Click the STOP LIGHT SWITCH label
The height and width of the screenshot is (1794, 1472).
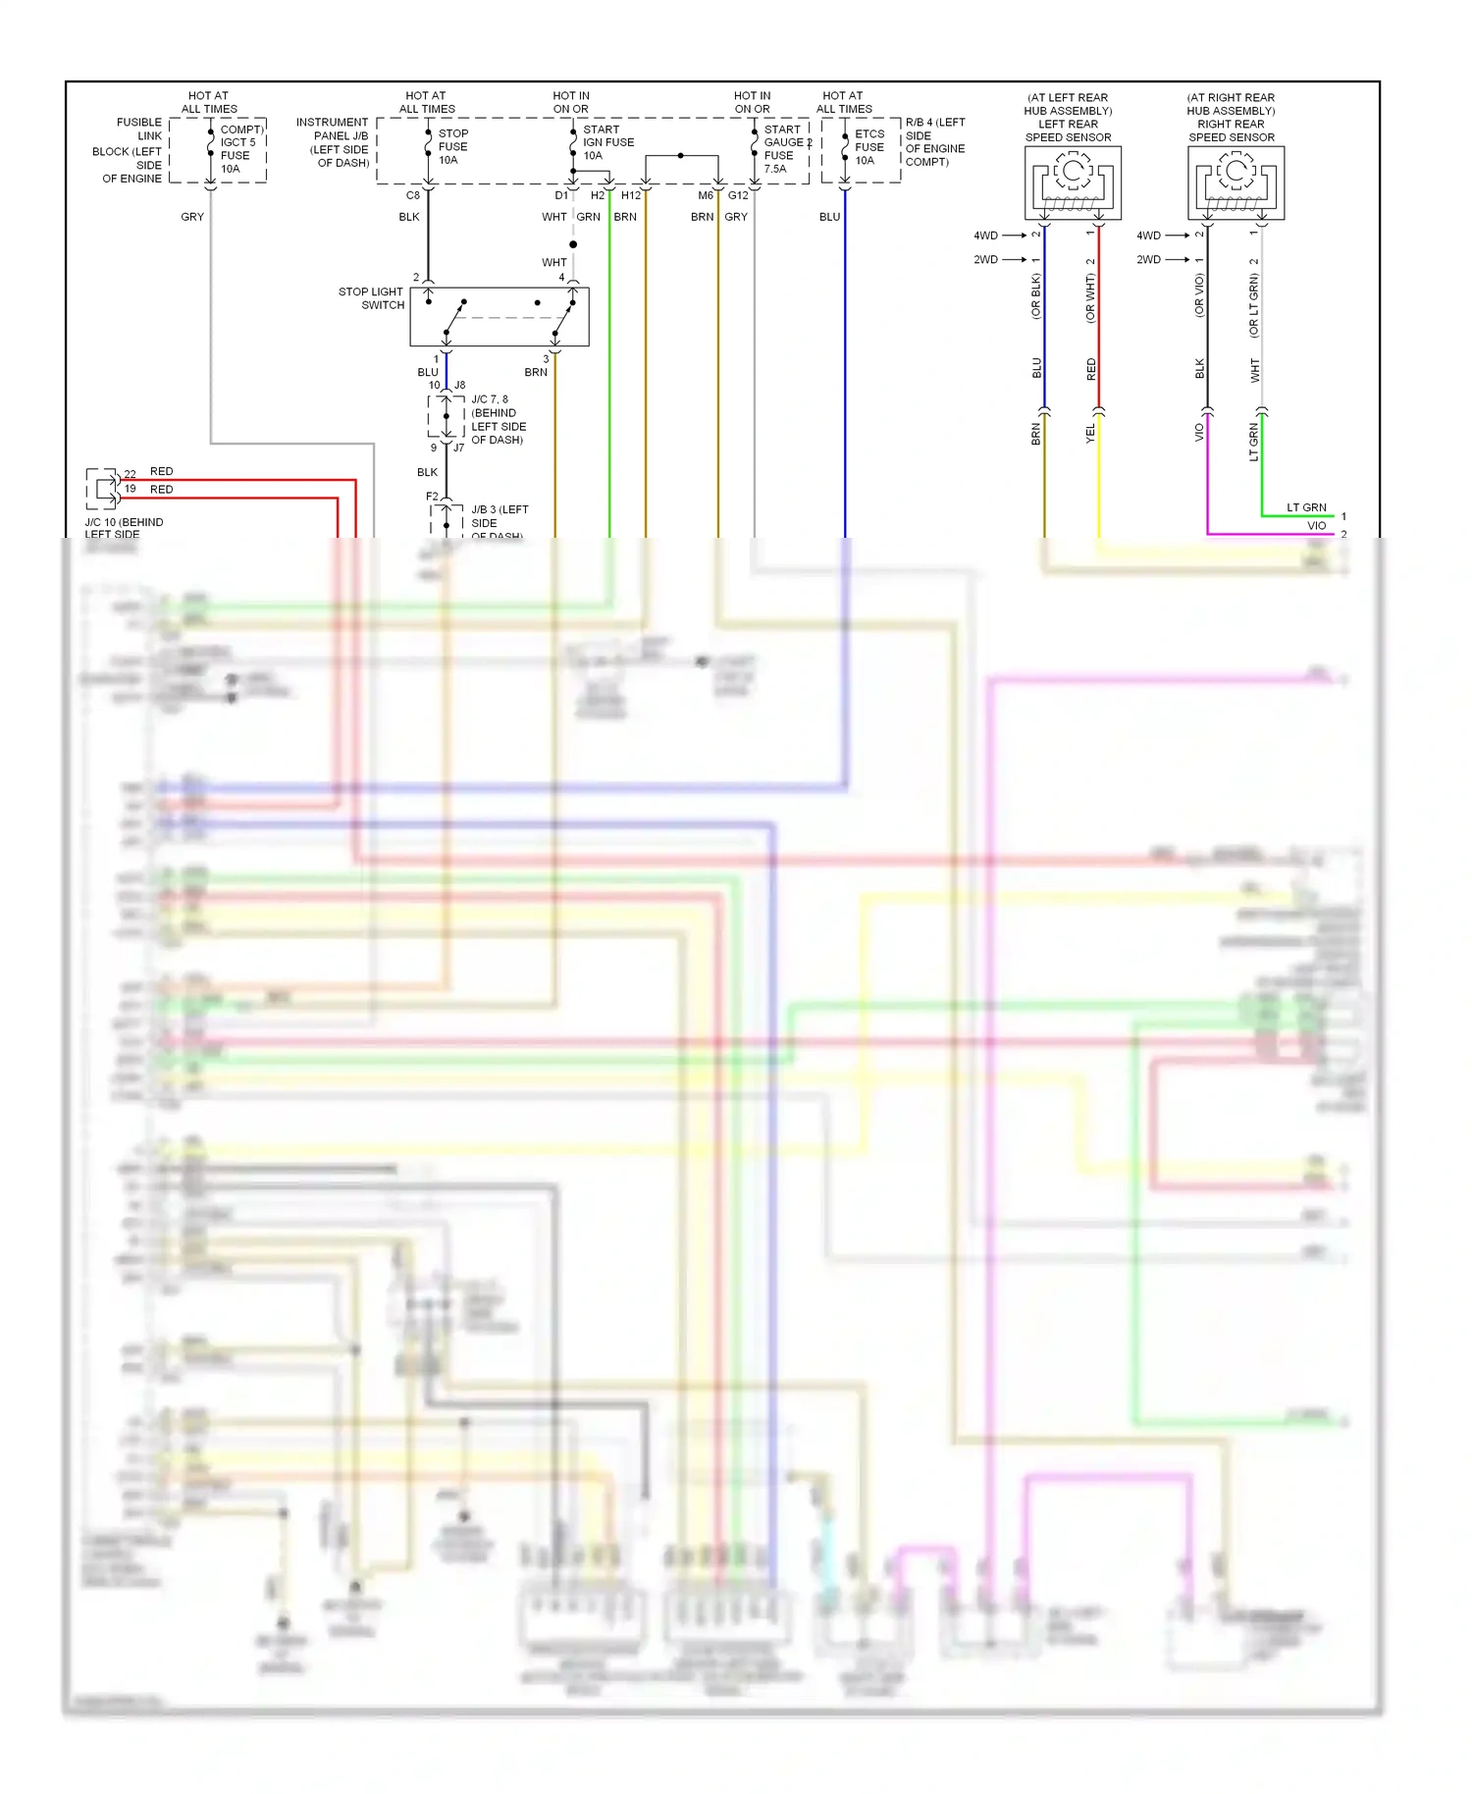tap(371, 298)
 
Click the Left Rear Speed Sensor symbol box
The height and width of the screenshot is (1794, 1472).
tap(1073, 183)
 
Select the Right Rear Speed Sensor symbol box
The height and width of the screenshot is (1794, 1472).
tap(1235, 183)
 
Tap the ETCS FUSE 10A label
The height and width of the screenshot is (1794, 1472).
tap(868, 147)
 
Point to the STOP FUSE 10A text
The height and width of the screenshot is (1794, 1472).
tap(452, 146)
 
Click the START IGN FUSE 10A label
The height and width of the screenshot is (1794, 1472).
tap(607, 142)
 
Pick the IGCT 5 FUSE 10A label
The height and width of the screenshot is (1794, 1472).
tap(238, 149)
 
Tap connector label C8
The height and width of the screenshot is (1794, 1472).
tap(413, 195)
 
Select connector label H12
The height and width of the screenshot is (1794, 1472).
tap(631, 195)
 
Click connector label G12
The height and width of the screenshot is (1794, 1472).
tap(738, 195)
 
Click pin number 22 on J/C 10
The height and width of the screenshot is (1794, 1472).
tap(131, 474)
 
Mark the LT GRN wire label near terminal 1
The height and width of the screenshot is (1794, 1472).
tap(1306, 507)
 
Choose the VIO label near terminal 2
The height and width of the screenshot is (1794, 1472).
tap(1316, 526)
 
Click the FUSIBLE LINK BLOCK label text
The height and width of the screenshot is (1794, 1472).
tap(131, 150)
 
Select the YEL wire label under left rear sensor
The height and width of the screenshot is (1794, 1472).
tap(1090, 434)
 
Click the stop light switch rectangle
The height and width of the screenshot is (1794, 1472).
tap(499, 317)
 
